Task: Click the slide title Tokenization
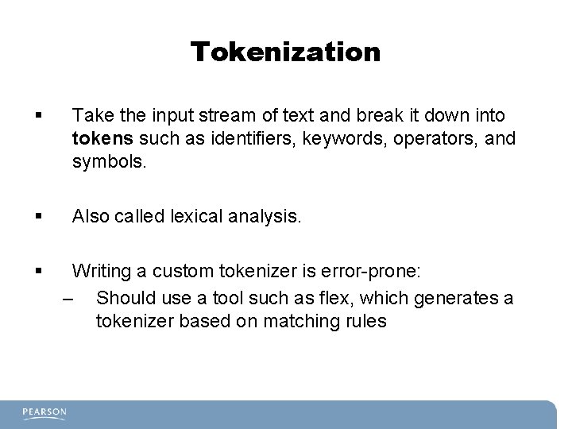tap(285, 52)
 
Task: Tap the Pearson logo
tap(44, 412)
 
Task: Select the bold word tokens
tap(102, 139)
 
